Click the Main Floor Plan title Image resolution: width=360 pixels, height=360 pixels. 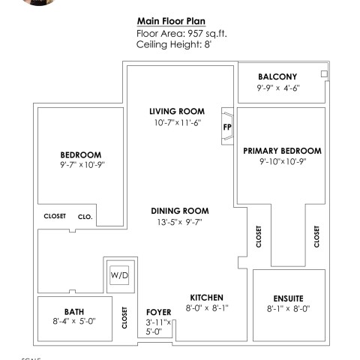(171, 21)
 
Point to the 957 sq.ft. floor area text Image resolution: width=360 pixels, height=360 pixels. (207, 34)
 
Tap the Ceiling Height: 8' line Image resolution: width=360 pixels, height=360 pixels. (174, 44)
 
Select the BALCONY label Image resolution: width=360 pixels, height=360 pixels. (277, 76)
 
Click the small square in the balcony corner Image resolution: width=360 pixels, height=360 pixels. (324, 73)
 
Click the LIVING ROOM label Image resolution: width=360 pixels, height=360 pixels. (177, 111)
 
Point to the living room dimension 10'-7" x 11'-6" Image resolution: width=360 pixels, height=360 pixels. (178, 123)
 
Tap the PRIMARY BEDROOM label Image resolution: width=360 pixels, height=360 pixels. (282, 151)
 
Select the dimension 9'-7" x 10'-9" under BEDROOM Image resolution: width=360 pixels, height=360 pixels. (82, 165)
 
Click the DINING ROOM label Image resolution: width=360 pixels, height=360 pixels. (180, 211)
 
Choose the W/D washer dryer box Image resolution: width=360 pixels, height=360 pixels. (119, 275)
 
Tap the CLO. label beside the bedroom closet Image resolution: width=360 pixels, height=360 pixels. (85, 217)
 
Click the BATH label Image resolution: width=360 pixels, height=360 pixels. (74, 312)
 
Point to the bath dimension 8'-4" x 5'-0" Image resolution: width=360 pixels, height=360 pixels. (74, 321)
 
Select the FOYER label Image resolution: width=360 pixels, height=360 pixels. (159, 312)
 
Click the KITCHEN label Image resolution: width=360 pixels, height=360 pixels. (206, 298)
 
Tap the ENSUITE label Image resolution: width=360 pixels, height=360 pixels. (288, 298)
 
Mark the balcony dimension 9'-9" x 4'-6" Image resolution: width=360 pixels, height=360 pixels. (278, 88)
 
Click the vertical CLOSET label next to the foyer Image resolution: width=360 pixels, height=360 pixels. (124, 318)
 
